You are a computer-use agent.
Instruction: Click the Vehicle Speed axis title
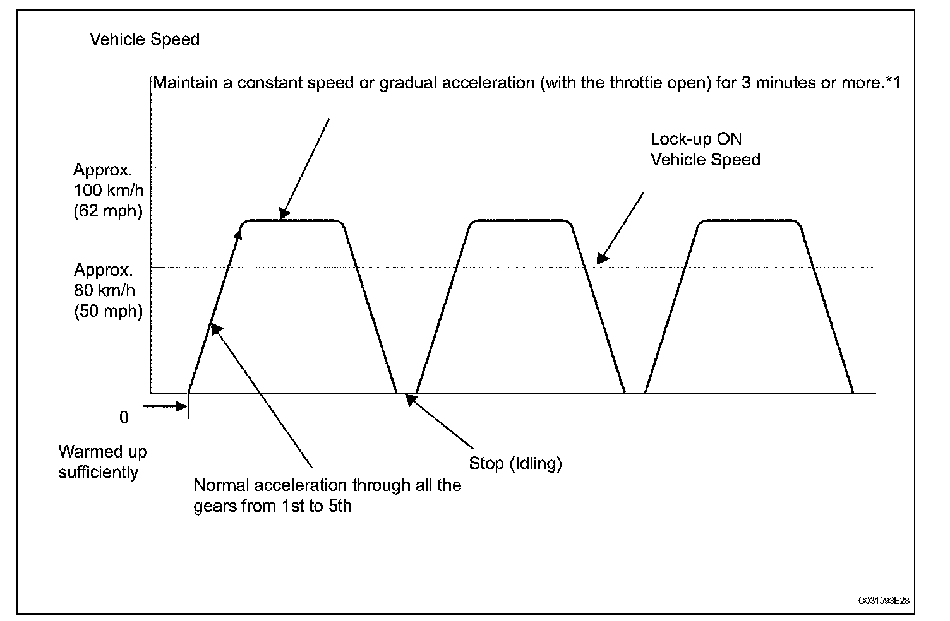point(145,39)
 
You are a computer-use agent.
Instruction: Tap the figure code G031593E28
point(884,601)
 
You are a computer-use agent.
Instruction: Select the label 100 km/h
point(109,190)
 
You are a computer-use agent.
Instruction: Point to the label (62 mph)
point(108,211)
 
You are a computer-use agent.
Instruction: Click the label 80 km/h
point(105,290)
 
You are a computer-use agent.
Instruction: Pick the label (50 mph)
point(109,311)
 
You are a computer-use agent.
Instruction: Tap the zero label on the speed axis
point(124,418)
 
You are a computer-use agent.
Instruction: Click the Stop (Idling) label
point(515,463)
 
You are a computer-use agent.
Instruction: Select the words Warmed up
point(102,452)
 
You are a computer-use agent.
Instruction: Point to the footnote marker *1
point(893,83)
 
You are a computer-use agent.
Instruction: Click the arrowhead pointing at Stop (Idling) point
point(411,399)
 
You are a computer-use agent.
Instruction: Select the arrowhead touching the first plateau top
point(284,213)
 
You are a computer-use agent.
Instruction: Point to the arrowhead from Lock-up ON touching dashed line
point(603,258)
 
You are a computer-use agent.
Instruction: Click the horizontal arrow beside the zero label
point(165,406)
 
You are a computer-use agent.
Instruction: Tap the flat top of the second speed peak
point(521,220)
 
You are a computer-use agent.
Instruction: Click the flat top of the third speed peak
point(749,220)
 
